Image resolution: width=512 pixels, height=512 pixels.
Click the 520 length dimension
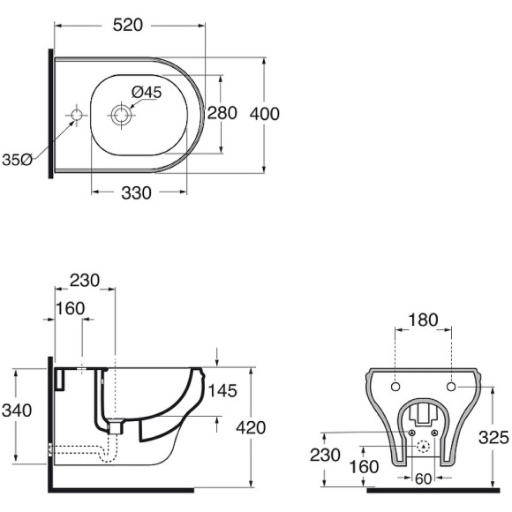(x=128, y=25)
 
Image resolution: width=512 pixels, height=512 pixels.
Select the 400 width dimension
(x=265, y=114)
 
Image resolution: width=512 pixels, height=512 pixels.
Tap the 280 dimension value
(x=222, y=113)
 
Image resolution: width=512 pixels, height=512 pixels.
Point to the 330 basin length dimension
(x=136, y=192)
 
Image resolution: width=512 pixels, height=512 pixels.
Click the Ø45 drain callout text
(x=147, y=93)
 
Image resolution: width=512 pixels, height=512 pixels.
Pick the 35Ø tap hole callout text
(x=17, y=160)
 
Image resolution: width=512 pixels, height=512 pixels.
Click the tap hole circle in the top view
(x=77, y=116)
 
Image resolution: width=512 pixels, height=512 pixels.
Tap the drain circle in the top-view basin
(x=121, y=115)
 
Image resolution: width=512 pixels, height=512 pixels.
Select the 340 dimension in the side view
(x=17, y=410)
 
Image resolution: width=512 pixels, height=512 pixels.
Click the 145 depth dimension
(x=222, y=391)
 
